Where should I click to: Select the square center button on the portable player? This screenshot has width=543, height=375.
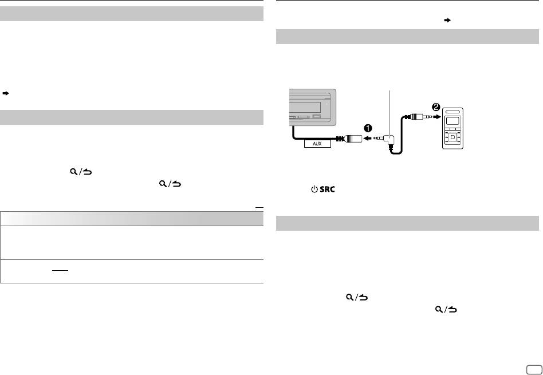(x=453, y=138)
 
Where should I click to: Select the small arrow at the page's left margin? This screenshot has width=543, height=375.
(x=5, y=92)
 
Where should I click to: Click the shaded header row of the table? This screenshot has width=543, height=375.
(x=132, y=218)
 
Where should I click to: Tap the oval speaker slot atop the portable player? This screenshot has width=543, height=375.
(x=453, y=112)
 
